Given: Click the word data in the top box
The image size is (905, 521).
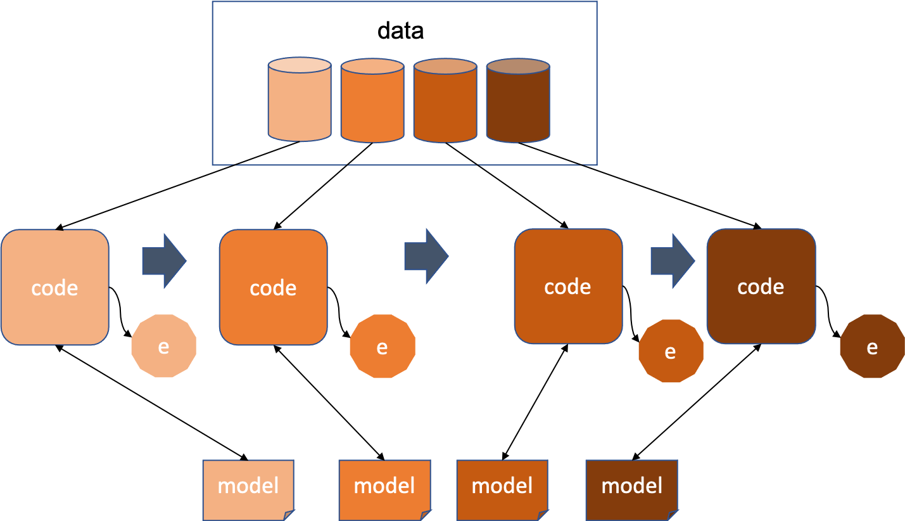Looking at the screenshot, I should pyautogui.click(x=400, y=30).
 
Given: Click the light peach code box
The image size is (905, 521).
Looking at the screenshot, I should pyautogui.click(x=55, y=287).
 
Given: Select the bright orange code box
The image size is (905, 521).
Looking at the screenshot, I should pyautogui.click(x=273, y=287).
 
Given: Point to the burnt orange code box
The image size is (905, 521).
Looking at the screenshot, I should pyautogui.click(x=568, y=286).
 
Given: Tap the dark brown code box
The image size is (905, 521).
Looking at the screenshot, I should pyautogui.click(x=761, y=286).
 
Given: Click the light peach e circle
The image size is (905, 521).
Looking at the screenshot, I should pyautogui.click(x=163, y=346).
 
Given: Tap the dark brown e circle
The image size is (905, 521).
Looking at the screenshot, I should pyautogui.click(x=872, y=347).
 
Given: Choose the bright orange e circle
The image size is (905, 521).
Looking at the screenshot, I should pyautogui.click(x=382, y=347).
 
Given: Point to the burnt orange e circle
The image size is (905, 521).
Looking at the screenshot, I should pyautogui.click(x=671, y=351).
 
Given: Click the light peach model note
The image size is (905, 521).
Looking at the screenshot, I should pyautogui.click(x=248, y=486).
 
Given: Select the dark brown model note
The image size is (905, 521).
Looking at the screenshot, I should pyautogui.click(x=631, y=486).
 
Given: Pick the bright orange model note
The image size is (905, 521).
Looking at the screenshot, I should pyautogui.click(x=384, y=486).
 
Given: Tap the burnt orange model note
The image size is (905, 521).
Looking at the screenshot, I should pyautogui.click(x=502, y=486).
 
